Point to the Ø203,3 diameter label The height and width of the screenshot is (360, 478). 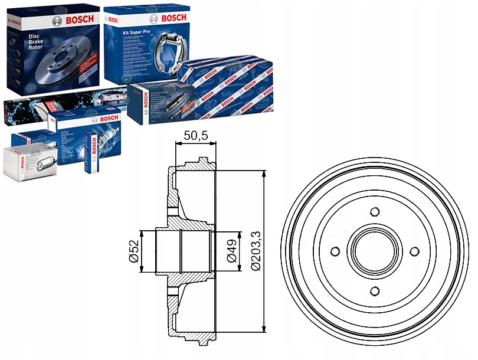[256, 251]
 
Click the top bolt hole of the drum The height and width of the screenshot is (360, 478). [374, 212]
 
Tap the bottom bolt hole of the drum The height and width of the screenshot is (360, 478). [374, 290]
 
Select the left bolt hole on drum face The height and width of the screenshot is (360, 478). [335, 251]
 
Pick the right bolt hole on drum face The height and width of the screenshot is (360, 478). [414, 251]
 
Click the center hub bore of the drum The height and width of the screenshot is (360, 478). [374, 251]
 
